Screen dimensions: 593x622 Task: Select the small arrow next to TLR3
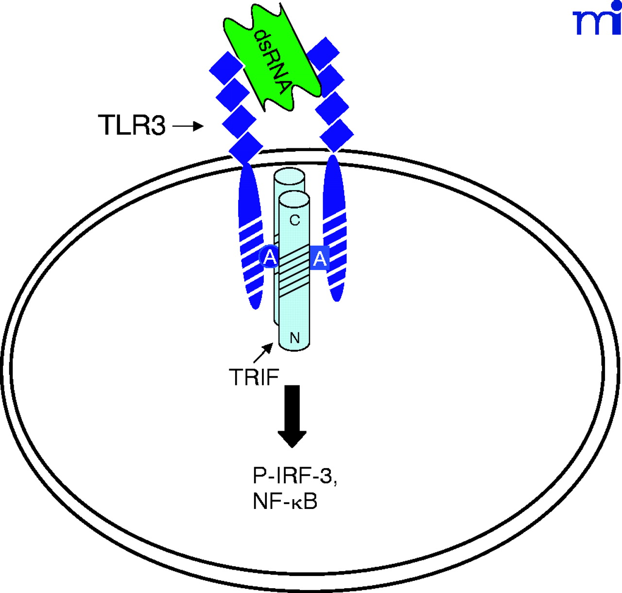188,126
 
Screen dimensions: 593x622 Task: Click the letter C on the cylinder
294,220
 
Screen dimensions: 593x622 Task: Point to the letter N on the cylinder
294,337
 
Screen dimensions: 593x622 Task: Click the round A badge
270,258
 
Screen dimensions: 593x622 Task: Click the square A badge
319,258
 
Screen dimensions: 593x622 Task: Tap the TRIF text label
254,377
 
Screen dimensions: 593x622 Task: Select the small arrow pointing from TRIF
263,352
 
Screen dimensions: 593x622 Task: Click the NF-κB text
285,502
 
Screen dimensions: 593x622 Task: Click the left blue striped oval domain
250,238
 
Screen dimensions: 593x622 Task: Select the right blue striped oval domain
334,228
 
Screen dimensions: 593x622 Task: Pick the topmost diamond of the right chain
323,52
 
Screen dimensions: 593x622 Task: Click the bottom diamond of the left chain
246,147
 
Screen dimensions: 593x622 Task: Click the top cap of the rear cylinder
290,176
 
